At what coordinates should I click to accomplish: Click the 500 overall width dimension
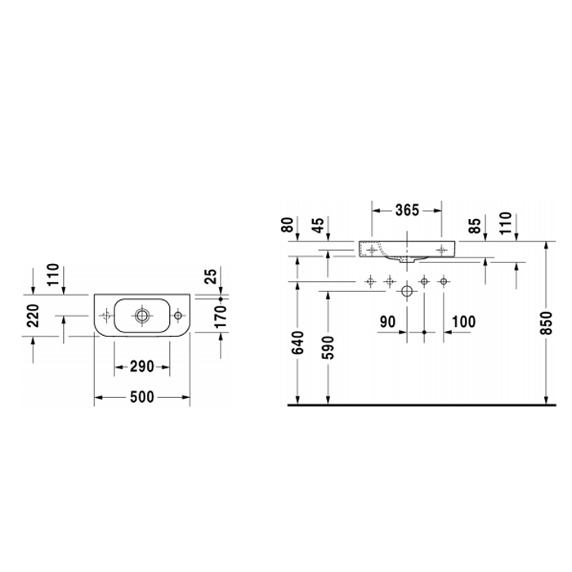tap(142, 396)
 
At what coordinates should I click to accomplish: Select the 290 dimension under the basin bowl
tap(142, 366)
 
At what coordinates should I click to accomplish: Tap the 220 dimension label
tap(34, 315)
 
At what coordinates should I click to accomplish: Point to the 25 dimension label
tap(212, 276)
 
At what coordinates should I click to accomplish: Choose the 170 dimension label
tap(221, 317)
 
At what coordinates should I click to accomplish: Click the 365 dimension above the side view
tap(407, 210)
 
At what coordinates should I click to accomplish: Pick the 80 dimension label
tap(288, 225)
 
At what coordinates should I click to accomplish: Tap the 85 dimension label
tap(475, 226)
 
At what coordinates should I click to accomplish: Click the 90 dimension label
tap(387, 322)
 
